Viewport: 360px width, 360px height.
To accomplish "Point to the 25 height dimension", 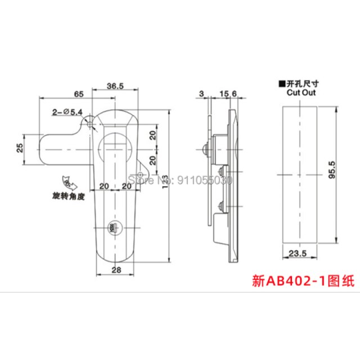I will coord(20,149).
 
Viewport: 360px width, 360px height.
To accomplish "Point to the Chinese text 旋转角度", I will coord(66,197).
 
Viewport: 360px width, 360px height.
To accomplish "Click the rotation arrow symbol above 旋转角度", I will coord(67,183).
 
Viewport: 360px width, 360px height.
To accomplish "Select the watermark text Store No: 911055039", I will coord(180,181).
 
